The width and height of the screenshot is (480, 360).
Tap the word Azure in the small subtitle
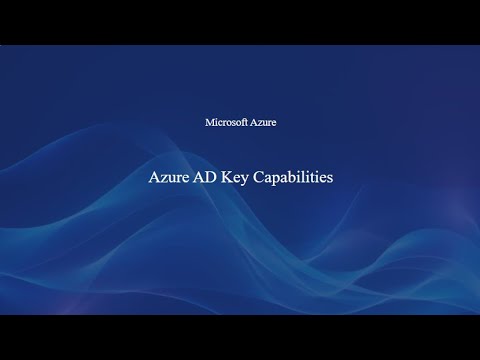[x=263, y=122]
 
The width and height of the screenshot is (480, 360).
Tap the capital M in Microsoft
[x=209, y=122]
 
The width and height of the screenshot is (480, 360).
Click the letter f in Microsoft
[x=242, y=122]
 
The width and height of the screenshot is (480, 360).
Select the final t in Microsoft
[x=246, y=122]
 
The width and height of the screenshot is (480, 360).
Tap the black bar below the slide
[x=240, y=337]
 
